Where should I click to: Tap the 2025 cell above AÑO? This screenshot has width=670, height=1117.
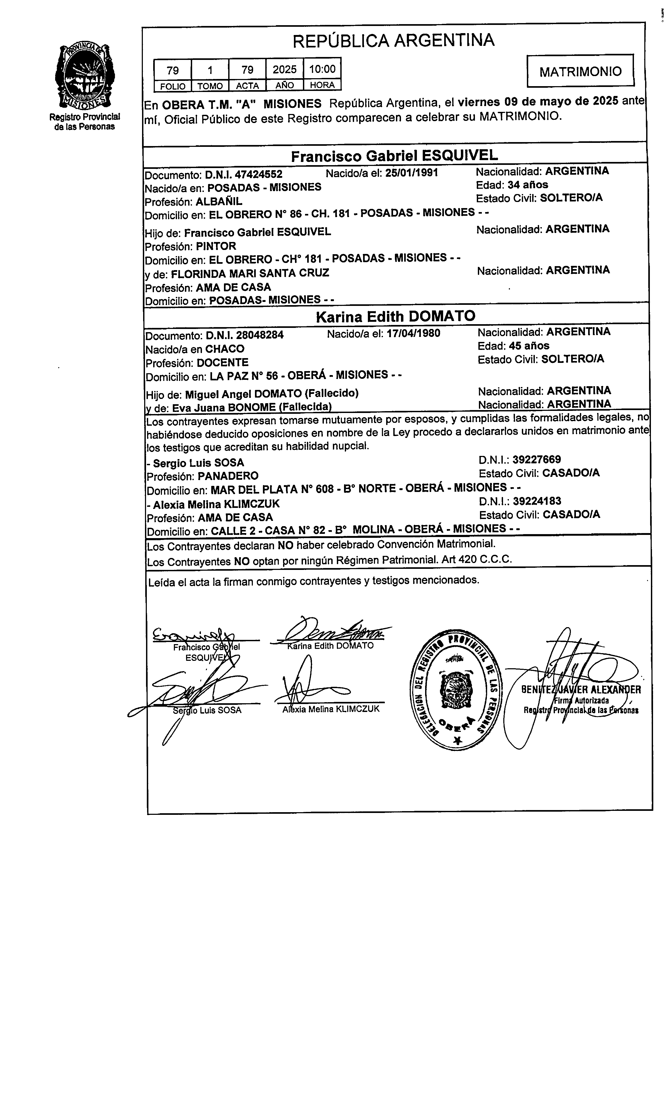(x=284, y=69)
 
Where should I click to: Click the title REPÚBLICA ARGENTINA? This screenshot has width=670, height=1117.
(x=393, y=41)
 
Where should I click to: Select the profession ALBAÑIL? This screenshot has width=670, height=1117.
(x=219, y=201)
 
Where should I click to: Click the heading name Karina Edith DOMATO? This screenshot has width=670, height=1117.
(x=395, y=316)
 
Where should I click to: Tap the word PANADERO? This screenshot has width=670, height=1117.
(x=228, y=476)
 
